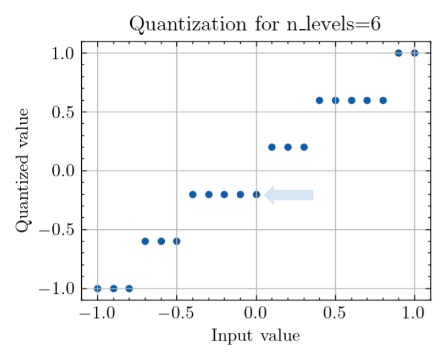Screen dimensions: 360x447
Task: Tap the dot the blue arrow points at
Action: coord(256,195)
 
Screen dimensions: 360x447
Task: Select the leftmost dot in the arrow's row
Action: coord(193,195)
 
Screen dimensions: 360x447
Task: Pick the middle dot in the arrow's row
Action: coord(225,195)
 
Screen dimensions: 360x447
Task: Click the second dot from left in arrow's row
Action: coord(209,195)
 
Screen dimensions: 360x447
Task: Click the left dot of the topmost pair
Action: coord(399,53)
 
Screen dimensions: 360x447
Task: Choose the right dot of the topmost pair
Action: coord(415,53)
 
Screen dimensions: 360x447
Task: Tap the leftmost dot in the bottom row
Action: coord(98,289)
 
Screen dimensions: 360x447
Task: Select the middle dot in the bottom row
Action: coord(113,289)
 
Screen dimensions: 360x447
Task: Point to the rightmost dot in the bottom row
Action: coord(130,289)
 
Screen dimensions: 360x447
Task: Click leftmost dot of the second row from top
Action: coord(320,101)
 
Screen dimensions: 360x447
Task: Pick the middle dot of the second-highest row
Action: coord(351,101)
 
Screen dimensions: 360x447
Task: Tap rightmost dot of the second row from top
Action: coord(383,101)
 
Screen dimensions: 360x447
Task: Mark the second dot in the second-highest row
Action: coord(336,101)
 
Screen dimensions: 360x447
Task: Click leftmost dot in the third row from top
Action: coord(272,147)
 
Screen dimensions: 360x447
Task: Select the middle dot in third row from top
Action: coord(288,147)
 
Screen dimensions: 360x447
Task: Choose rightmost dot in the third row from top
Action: coord(304,147)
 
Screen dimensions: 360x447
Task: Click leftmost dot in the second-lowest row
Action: coord(145,241)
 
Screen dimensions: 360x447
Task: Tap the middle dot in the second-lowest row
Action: coord(161,241)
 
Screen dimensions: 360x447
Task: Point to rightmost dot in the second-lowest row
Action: coord(177,241)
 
